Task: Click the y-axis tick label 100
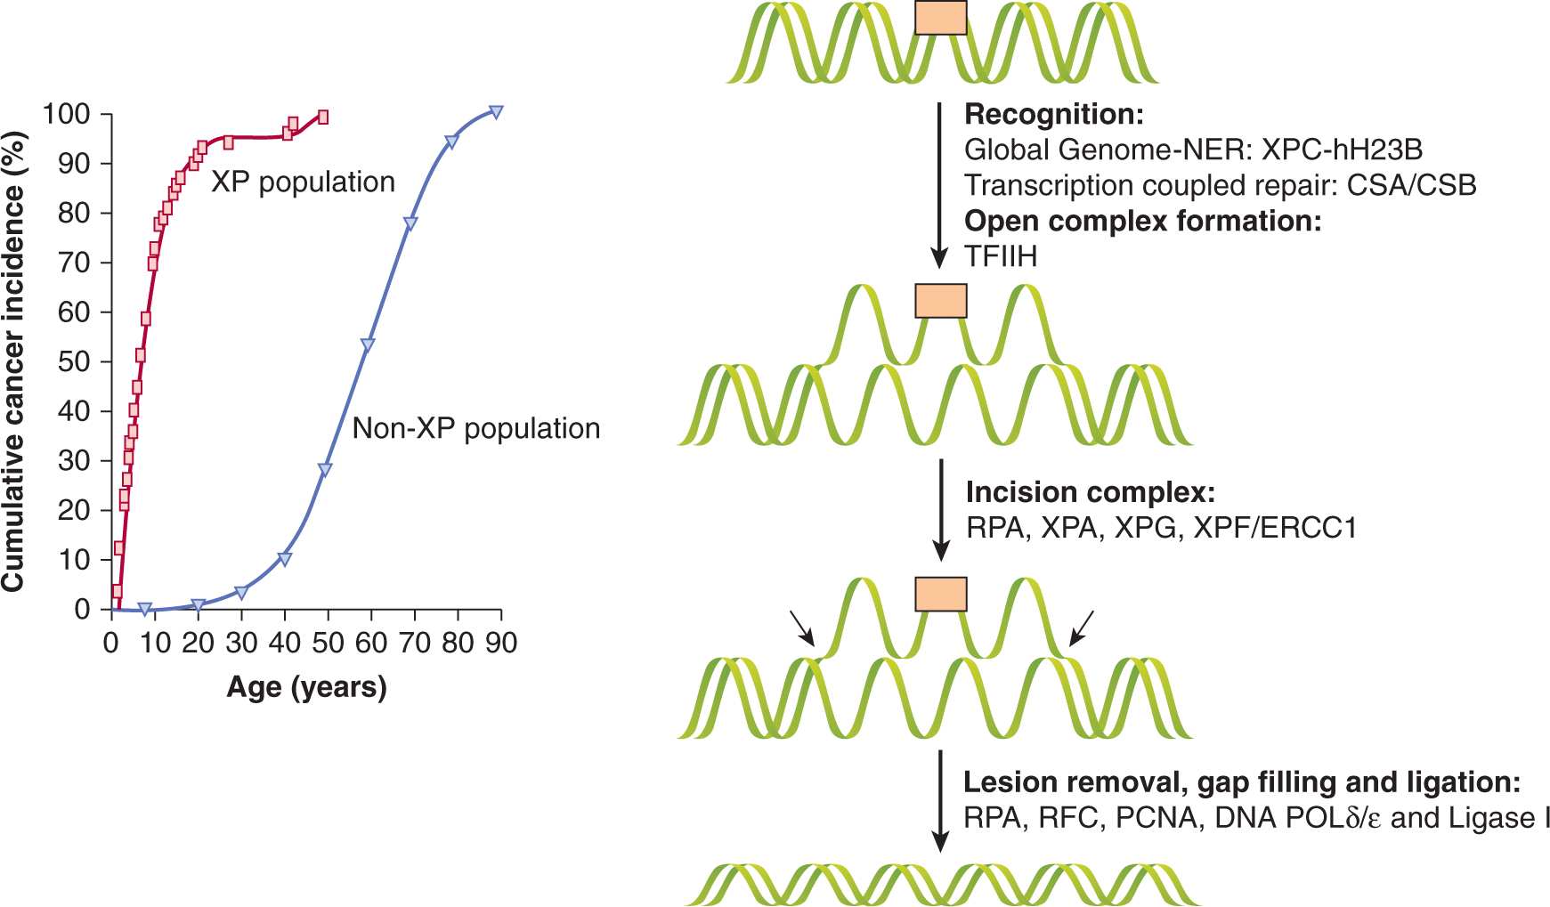(67, 114)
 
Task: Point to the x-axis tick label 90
(501, 643)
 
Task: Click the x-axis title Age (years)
(306, 687)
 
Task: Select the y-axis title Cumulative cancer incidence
(14, 361)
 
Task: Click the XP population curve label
(303, 182)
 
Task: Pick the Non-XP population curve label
(476, 428)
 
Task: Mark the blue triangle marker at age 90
(496, 112)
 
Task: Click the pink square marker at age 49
(323, 117)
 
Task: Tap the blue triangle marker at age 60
(367, 345)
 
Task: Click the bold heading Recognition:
(1053, 115)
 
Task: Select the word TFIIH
(1001, 257)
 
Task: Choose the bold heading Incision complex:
(1090, 492)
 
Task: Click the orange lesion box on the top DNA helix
(940, 17)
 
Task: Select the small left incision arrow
(802, 628)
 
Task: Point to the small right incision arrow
(1081, 628)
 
